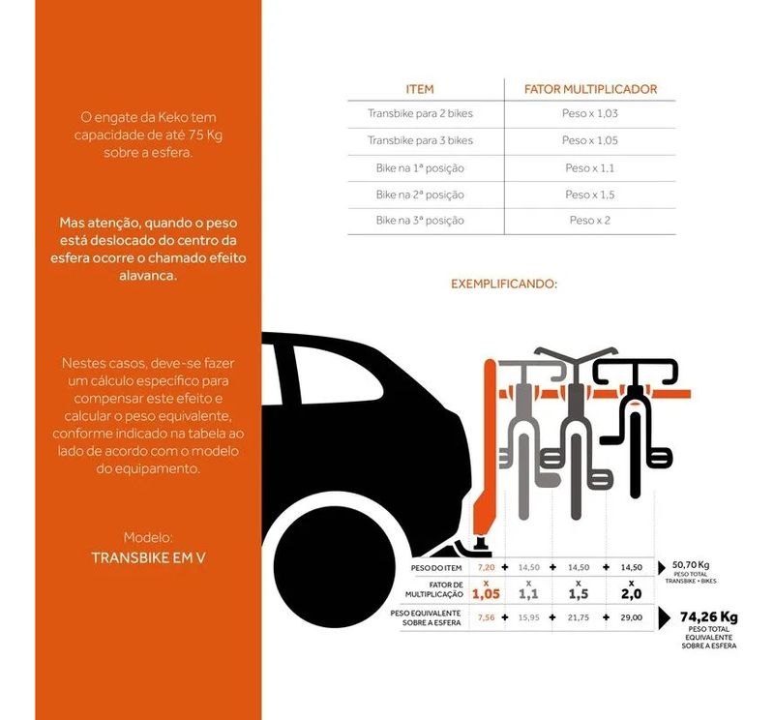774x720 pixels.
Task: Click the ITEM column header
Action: coord(420,89)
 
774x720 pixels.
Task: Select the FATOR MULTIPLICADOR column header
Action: coord(590,89)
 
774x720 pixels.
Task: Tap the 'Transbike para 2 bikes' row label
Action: coord(420,114)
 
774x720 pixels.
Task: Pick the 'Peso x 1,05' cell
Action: coord(590,140)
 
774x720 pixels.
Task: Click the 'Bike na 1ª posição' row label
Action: coord(420,167)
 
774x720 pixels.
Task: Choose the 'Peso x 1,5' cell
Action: coord(590,195)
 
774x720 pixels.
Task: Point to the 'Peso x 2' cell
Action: coord(590,221)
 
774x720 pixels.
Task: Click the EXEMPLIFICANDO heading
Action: coord(504,285)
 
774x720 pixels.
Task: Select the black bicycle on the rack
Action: coord(633,426)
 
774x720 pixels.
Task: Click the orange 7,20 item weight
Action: coord(487,567)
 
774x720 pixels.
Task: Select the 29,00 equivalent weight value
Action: coord(631,617)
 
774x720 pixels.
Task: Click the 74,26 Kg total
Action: coord(708,616)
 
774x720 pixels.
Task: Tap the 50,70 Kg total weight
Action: coord(691,565)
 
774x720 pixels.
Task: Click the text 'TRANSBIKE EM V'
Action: coord(149,558)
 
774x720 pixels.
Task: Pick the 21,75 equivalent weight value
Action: coord(579,617)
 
